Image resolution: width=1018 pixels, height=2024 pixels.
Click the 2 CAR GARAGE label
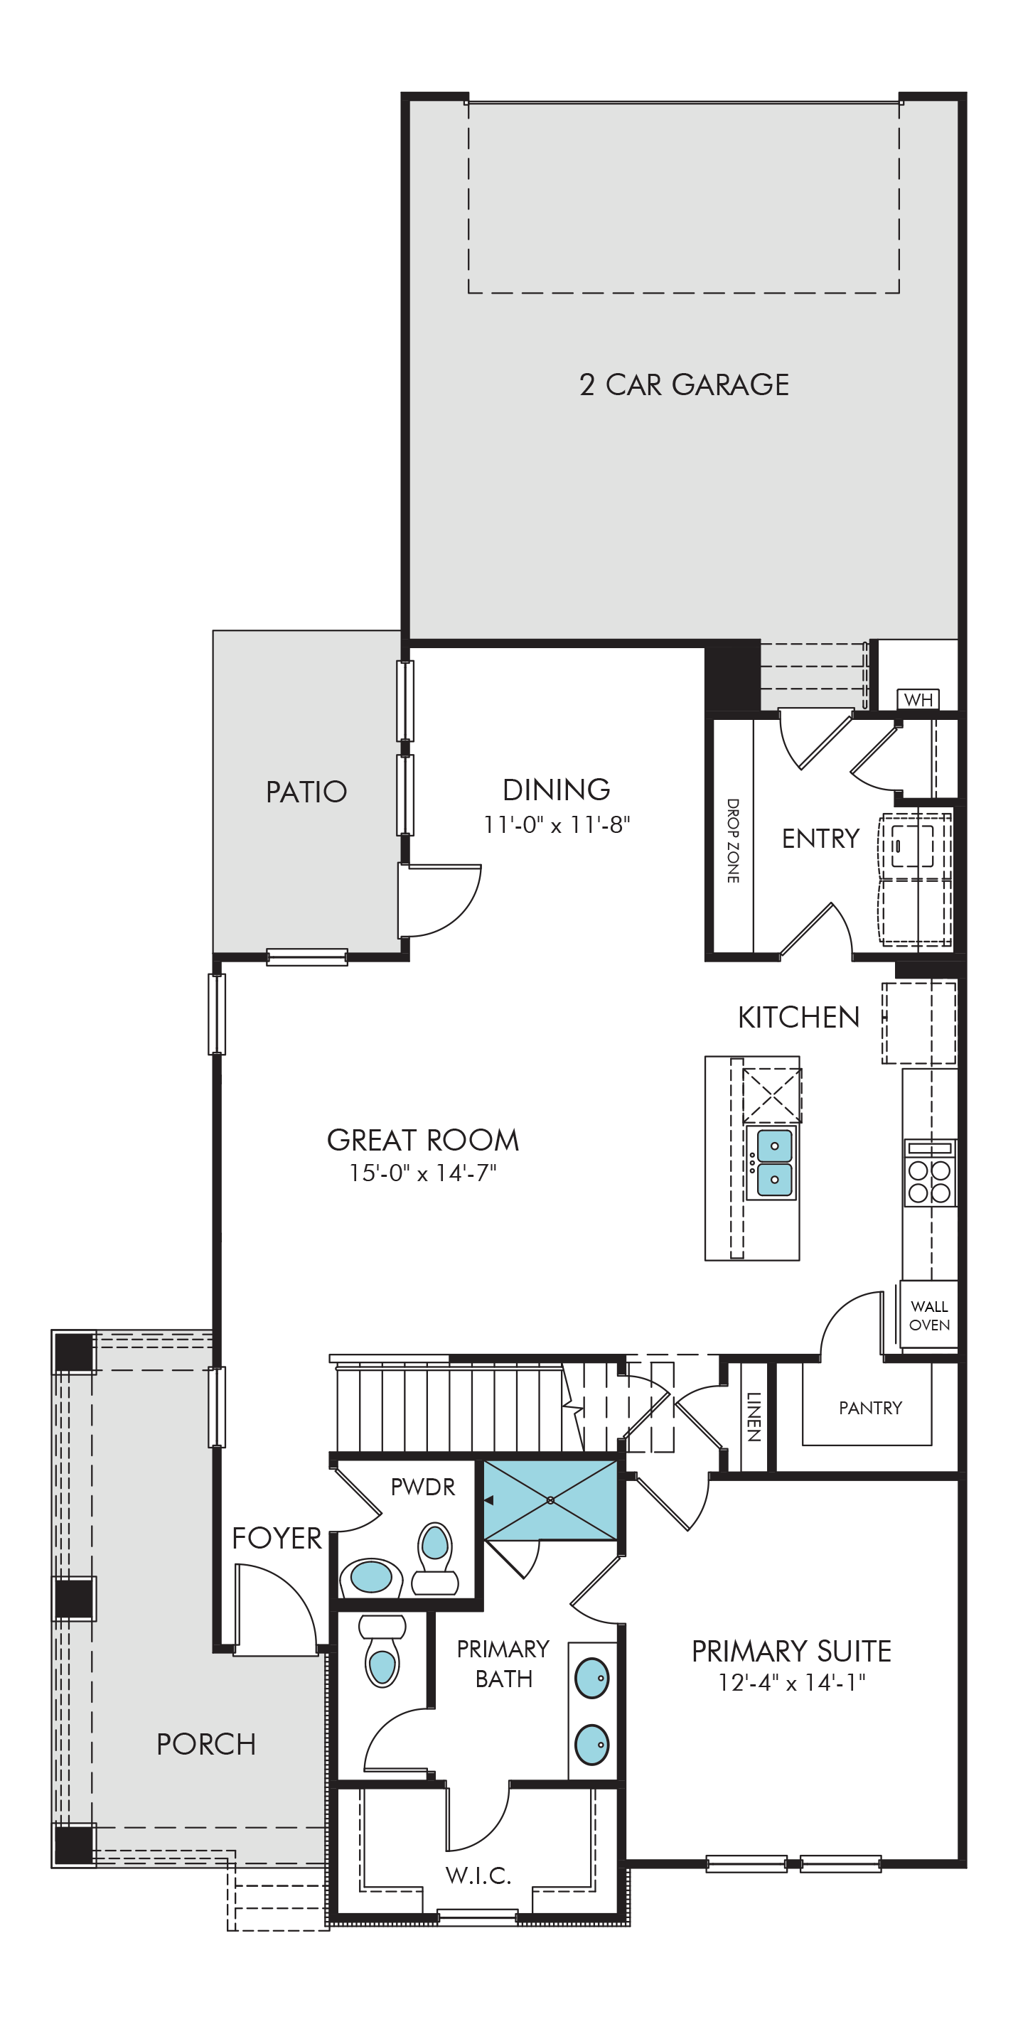(684, 384)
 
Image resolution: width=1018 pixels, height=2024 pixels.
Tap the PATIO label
(306, 791)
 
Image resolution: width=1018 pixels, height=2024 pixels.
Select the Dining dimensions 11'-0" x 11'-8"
(557, 824)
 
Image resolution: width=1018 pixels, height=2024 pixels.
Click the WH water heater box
(918, 699)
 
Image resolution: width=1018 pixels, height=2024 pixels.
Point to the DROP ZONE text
(733, 841)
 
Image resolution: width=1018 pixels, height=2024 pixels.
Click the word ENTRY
(820, 839)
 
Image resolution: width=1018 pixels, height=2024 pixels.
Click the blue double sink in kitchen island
(774, 1162)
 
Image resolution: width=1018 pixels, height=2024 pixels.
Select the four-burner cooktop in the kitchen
(929, 1171)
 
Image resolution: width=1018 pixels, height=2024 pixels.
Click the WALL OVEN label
(929, 1315)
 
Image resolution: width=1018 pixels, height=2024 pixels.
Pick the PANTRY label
(870, 1407)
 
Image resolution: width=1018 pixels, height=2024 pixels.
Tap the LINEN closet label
(753, 1416)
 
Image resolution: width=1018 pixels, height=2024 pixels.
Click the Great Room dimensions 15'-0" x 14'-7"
(423, 1173)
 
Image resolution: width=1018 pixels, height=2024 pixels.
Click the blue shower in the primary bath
(550, 1500)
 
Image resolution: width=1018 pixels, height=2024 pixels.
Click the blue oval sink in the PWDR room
(371, 1576)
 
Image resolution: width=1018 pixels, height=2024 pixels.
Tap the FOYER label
(277, 1538)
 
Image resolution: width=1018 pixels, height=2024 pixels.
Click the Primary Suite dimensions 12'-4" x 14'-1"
(792, 1682)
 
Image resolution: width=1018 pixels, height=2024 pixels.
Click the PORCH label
(206, 1743)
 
